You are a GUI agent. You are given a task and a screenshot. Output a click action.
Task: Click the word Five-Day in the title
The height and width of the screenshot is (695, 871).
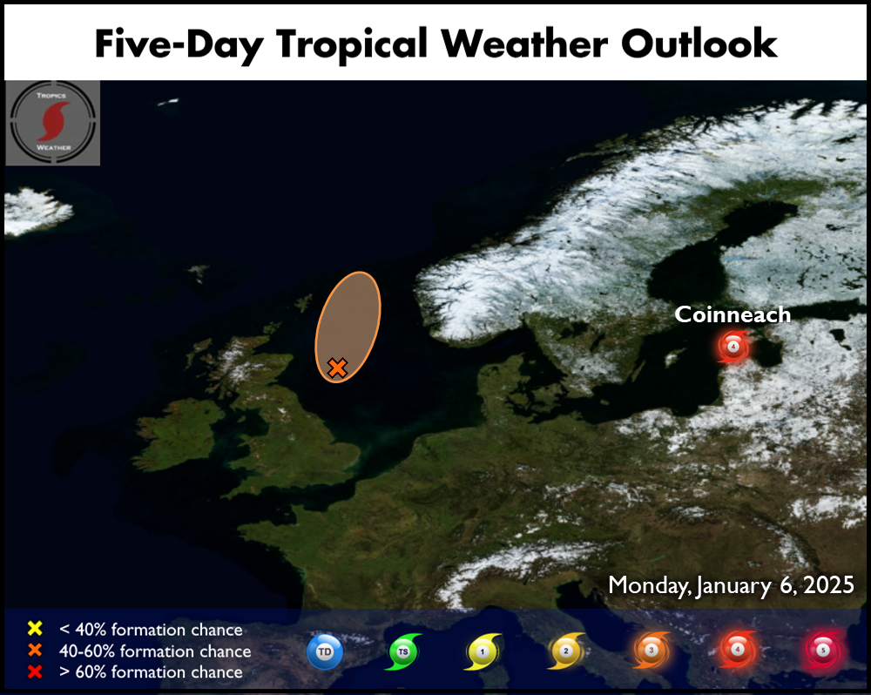[179, 44]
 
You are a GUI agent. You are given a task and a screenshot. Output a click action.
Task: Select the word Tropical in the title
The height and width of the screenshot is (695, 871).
[352, 44]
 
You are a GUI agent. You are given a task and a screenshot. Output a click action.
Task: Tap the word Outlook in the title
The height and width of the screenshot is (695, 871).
[699, 44]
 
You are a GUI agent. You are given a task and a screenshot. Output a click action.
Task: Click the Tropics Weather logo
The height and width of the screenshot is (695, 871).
[53, 123]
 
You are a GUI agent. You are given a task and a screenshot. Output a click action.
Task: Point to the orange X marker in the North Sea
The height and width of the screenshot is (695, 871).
[337, 368]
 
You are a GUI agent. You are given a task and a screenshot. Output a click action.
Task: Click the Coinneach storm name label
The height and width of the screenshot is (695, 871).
[733, 314]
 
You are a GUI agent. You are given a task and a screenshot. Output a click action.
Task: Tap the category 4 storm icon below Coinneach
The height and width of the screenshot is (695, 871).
[733, 347]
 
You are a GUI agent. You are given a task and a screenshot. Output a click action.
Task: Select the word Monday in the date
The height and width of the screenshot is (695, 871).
[648, 585]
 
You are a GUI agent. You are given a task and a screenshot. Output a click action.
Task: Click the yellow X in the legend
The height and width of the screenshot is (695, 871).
[35, 628]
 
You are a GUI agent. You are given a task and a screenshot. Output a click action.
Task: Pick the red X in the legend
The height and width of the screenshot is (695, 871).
[35, 671]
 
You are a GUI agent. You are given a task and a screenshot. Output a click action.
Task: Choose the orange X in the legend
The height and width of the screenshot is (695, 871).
[35, 650]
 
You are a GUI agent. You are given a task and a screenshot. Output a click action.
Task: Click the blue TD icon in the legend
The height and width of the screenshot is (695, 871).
[325, 651]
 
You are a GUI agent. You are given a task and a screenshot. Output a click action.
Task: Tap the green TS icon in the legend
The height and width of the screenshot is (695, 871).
[403, 651]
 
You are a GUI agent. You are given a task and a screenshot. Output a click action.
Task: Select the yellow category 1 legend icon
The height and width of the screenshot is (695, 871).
[483, 651]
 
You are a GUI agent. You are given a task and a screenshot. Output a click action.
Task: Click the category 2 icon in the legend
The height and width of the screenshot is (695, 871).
[566, 651]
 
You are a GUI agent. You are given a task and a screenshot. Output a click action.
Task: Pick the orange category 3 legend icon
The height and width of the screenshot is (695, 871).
[652, 650]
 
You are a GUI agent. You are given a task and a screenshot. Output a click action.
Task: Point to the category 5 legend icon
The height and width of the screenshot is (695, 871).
[823, 650]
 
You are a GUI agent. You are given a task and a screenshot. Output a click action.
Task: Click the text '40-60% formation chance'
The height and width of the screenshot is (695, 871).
[155, 651]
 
